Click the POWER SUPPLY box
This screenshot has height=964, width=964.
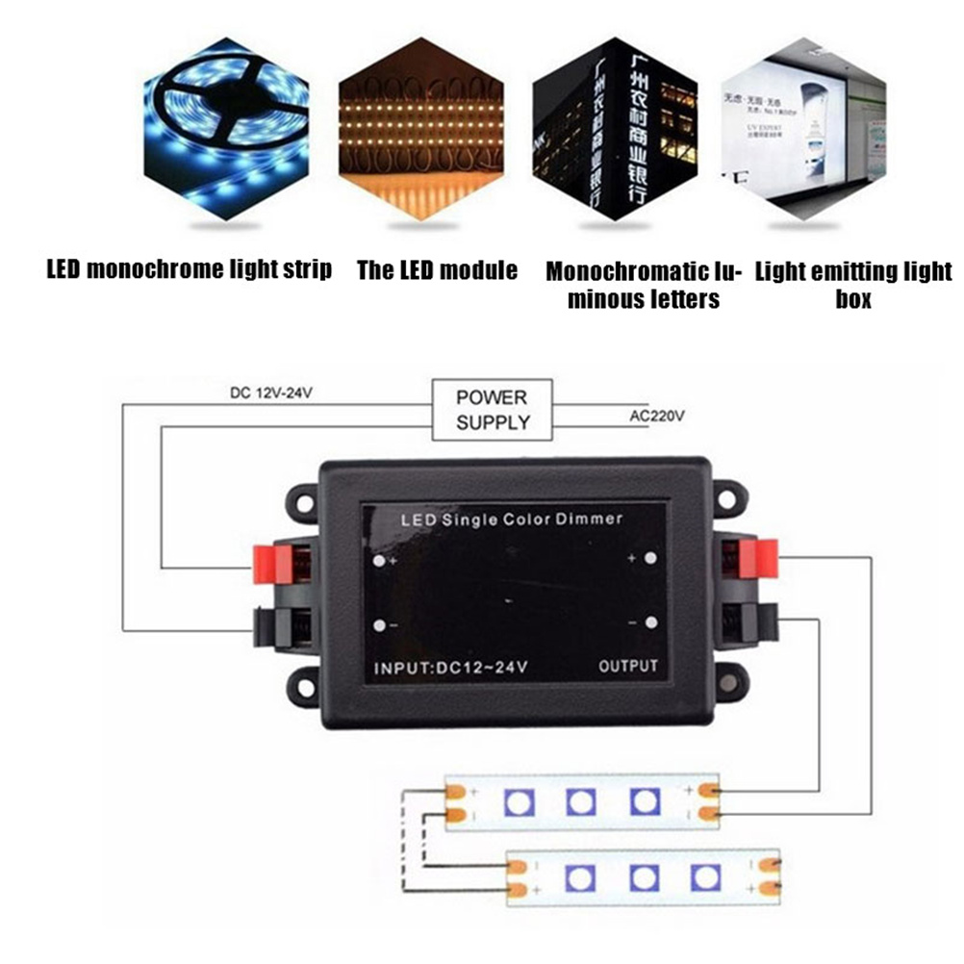493,409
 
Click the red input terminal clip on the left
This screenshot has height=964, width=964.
272,564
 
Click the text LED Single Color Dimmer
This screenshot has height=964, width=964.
511,520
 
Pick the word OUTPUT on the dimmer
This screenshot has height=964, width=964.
627,666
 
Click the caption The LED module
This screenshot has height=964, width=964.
437,270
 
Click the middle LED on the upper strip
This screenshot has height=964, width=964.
580,801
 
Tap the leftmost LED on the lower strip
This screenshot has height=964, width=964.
580,876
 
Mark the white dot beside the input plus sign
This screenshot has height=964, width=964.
381,561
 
